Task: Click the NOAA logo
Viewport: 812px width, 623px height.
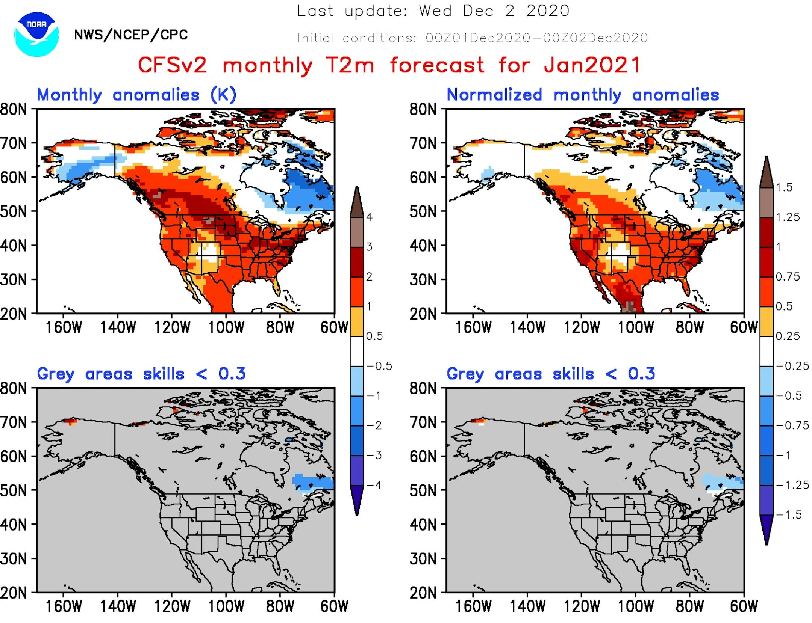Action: click(36, 34)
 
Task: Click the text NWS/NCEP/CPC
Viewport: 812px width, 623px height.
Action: click(131, 35)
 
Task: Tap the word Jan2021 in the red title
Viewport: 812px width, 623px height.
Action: click(592, 65)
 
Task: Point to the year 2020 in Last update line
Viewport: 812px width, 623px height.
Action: click(548, 11)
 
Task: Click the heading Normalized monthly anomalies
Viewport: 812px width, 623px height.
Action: click(582, 95)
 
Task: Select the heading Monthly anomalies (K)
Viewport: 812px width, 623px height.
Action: click(136, 95)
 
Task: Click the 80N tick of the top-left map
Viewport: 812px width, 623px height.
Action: click(14, 110)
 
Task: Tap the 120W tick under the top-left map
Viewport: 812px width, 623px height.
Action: click(172, 327)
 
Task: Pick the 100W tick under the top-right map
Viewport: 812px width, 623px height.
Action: click(636, 327)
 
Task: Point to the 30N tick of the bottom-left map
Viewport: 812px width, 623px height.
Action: click(14, 559)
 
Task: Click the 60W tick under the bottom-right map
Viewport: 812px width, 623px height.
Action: click(744, 606)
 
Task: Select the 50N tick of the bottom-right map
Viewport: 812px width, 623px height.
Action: click(423, 490)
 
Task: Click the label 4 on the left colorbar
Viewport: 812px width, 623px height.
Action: click(369, 217)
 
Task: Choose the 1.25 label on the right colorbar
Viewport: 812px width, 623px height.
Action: click(788, 217)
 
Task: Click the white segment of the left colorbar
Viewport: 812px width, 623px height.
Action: click(357, 351)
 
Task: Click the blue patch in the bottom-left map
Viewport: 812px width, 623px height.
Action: click(312, 482)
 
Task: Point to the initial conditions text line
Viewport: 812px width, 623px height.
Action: click(473, 38)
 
